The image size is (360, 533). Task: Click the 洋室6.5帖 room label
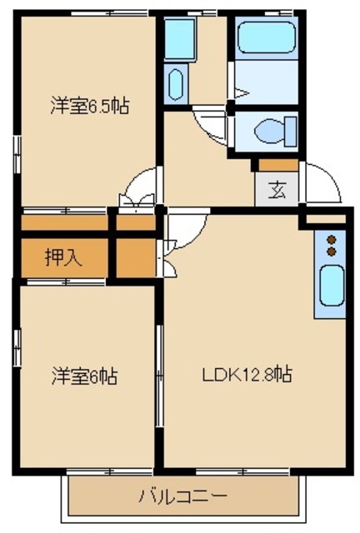(x=90, y=106)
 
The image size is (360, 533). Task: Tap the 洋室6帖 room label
(x=85, y=376)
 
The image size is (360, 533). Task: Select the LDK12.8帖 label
(x=247, y=374)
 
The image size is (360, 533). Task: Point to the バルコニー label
(x=182, y=496)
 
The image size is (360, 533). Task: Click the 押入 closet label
(x=63, y=257)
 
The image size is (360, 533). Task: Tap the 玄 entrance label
(x=277, y=190)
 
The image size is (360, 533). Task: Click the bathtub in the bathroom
(x=266, y=37)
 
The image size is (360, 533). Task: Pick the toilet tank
(x=291, y=132)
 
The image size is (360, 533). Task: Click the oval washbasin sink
(x=176, y=85)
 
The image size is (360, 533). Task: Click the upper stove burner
(x=331, y=240)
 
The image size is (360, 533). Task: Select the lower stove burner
(x=331, y=252)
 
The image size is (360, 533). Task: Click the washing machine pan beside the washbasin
(x=179, y=38)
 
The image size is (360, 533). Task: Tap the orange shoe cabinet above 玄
(x=278, y=165)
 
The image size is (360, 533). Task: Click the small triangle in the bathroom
(x=242, y=92)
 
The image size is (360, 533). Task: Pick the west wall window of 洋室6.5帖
(x=17, y=154)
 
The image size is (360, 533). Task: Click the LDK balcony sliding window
(x=242, y=472)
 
